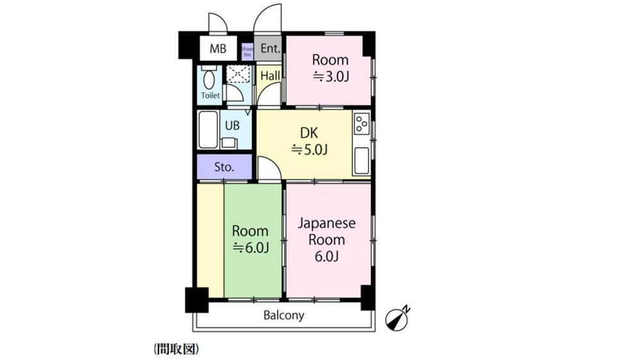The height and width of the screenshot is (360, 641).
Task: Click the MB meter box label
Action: click(x=218, y=49)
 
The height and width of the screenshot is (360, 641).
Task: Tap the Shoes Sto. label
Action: click(x=247, y=51)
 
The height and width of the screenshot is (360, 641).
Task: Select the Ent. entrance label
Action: click(x=271, y=49)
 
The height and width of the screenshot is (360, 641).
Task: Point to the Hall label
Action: click(x=271, y=76)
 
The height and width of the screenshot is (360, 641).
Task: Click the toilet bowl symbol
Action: click(x=209, y=79)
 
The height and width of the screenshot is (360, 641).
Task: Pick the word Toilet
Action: click(x=210, y=95)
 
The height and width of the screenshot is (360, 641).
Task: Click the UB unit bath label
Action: click(x=232, y=126)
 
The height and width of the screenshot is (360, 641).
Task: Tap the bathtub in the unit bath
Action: click(x=208, y=129)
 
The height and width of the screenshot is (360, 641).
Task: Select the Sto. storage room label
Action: click(x=224, y=167)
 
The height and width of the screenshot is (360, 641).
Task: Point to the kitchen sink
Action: click(x=362, y=161)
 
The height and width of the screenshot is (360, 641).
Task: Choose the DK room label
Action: click(x=309, y=133)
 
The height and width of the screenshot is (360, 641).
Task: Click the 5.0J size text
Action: click(x=309, y=150)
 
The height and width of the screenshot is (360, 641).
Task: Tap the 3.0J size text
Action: click(x=331, y=76)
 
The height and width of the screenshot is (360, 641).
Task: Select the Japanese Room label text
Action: click(x=327, y=231)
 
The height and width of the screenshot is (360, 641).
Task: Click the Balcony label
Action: click(x=284, y=315)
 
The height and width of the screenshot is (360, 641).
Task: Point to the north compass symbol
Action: click(x=398, y=318)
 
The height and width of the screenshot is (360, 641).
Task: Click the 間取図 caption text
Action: click(x=177, y=349)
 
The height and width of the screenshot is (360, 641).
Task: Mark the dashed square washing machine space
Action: click(x=238, y=74)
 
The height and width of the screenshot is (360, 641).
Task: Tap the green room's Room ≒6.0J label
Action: click(x=250, y=239)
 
